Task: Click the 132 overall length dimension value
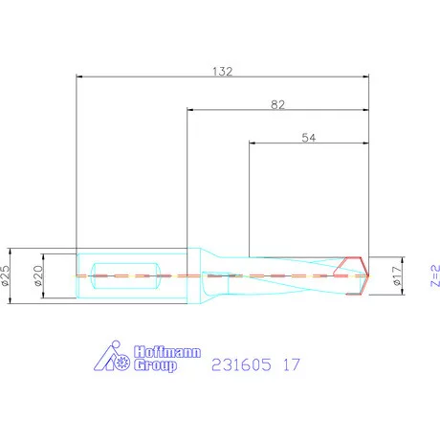222,70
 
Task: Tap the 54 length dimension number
308,139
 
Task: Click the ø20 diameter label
38,277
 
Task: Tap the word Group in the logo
155,364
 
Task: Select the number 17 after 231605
293,363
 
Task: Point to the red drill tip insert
356,276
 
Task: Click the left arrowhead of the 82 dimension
191,110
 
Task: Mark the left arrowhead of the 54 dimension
253,145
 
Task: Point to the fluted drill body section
287,276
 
